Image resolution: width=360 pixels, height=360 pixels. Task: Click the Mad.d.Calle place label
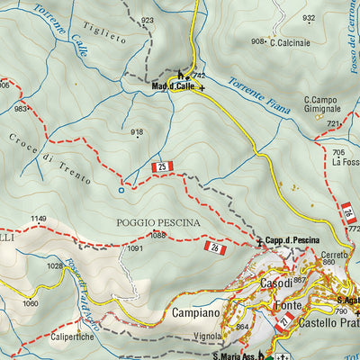point(173,87)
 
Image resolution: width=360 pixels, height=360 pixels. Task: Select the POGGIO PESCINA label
point(157,221)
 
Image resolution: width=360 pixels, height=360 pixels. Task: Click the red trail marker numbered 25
point(163,167)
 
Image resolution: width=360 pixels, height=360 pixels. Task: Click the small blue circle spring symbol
point(121,190)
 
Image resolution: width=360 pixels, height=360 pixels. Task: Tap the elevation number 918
point(137,132)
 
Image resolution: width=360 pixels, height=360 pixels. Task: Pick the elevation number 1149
point(38,219)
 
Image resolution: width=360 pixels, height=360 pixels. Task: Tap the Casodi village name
point(274,283)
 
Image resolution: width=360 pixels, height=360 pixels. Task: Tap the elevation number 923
point(147,20)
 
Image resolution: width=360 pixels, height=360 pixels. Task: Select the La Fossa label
point(345,162)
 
